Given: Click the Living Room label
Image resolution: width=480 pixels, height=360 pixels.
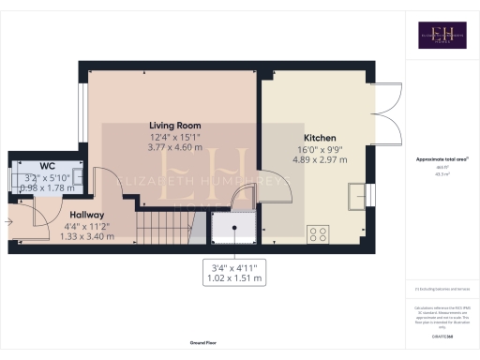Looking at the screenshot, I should (x=174, y=125).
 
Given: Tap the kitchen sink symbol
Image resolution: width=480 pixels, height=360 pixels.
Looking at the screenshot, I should (x=357, y=195).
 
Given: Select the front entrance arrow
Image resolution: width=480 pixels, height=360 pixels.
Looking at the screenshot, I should (x=8, y=222).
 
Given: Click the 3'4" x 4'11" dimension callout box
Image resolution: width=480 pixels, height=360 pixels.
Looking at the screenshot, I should (x=233, y=271).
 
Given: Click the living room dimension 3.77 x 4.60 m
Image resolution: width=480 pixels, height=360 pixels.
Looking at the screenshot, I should (x=174, y=147).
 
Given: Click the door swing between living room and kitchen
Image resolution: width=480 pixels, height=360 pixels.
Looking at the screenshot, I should (x=243, y=197).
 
